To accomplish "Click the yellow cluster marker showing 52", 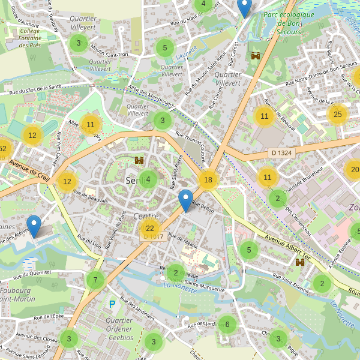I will click(x=2, y=149).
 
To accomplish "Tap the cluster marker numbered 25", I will click(x=338, y=114).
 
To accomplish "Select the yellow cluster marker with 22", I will click(x=150, y=228).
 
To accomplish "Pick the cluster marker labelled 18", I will click(x=208, y=180).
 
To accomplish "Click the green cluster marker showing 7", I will click(x=95, y=280).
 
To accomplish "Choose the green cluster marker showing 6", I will click(x=227, y=325).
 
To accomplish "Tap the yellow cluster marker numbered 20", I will click(x=354, y=170).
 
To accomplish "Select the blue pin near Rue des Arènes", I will click(x=34, y=226).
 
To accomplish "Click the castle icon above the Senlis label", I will click(x=140, y=161).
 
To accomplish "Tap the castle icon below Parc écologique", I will click(x=256, y=56).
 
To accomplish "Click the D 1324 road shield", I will click(x=281, y=153).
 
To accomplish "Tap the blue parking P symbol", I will click(x=112, y=305).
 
